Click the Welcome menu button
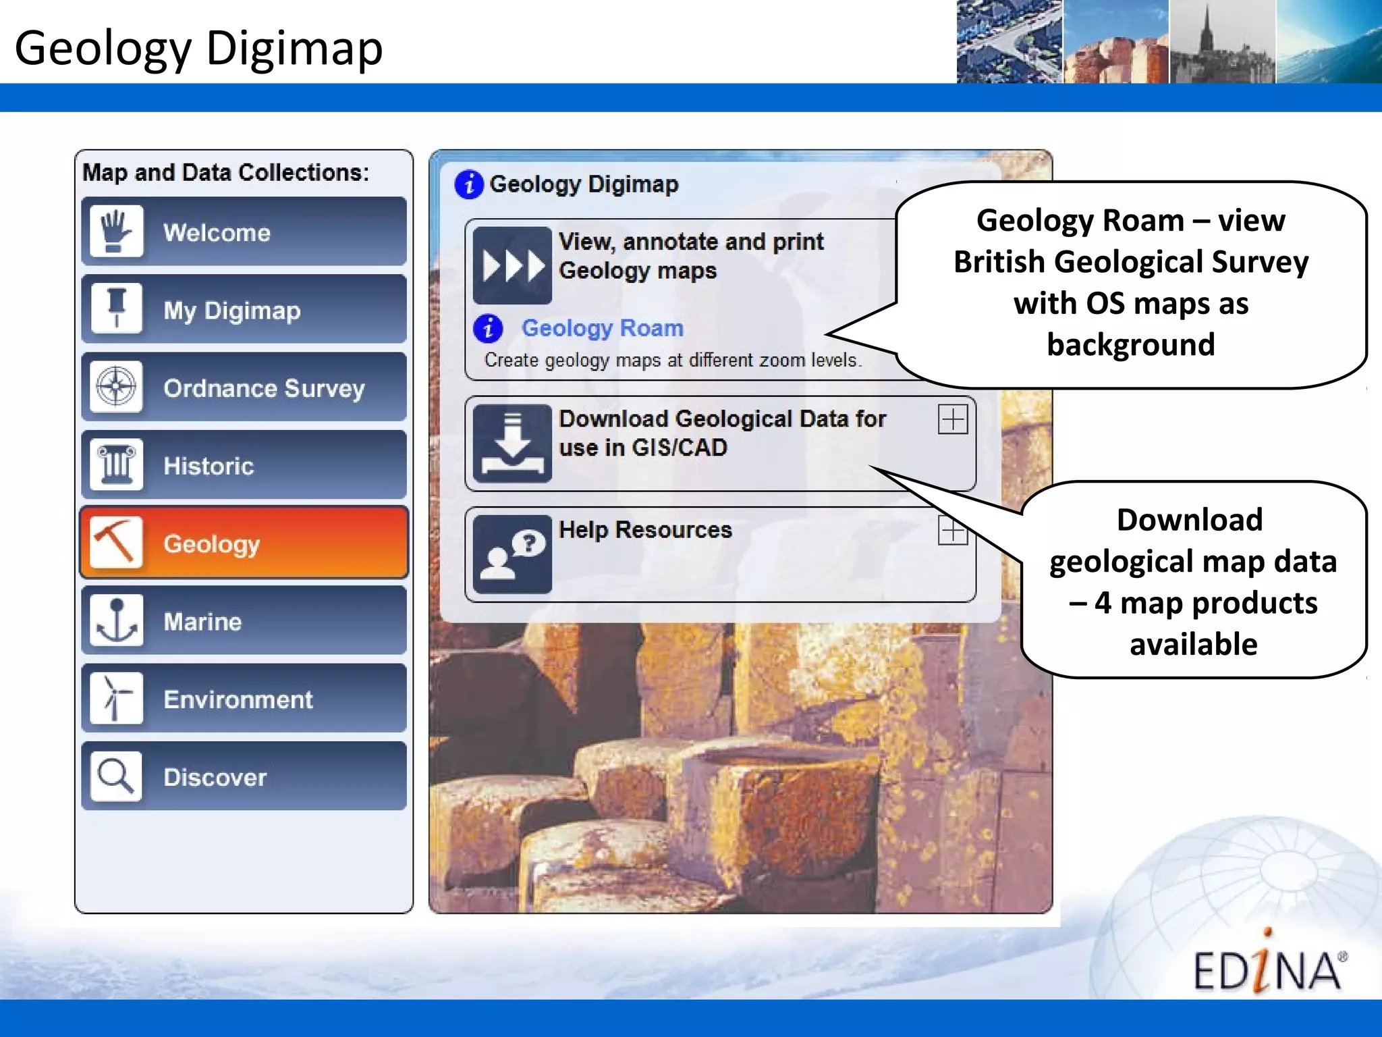(x=244, y=232)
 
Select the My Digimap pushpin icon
(x=117, y=309)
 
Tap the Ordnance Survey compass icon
(x=117, y=388)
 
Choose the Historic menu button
(x=244, y=465)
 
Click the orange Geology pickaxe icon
(x=116, y=542)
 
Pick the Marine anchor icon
(x=117, y=620)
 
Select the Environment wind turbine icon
(x=117, y=698)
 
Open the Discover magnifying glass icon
(x=117, y=776)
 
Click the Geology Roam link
(x=602, y=328)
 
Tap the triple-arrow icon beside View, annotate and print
(x=512, y=265)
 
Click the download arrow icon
(x=512, y=443)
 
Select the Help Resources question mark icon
(x=512, y=554)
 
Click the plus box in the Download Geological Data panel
(x=953, y=420)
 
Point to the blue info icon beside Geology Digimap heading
(x=469, y=184)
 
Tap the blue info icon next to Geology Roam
(x=488, y=329)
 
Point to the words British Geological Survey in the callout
(x=1131, y=262)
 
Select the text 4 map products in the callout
(x=1205, y=603)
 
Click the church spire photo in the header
(x=1221, y=42)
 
